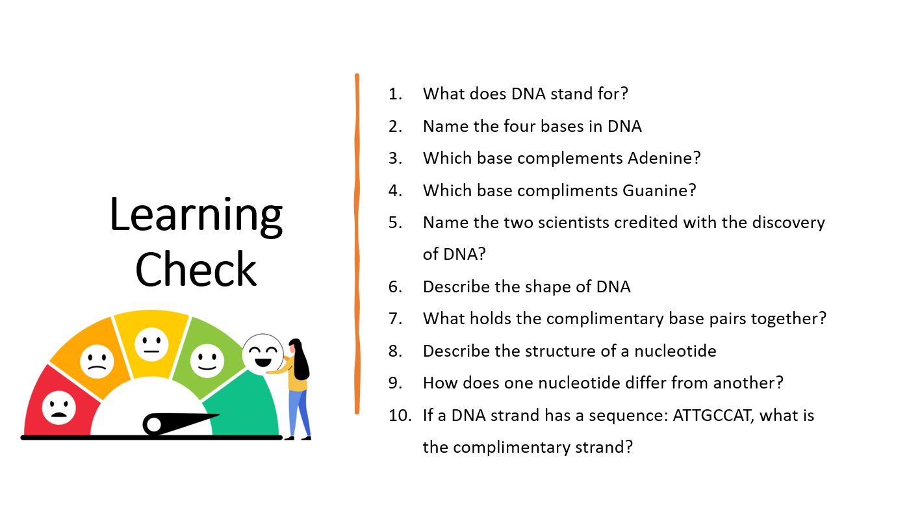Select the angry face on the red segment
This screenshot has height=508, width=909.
[x=59, y=407]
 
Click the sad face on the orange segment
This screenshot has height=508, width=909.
[x=97, y=361]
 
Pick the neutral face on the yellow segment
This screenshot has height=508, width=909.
[x=151, y=344]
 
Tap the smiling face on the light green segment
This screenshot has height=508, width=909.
[x=207, y=361]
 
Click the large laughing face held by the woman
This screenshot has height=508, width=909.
[x=262, y=355]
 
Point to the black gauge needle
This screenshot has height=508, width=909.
[x=181, y=424]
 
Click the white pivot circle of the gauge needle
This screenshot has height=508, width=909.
[x=154, y=424]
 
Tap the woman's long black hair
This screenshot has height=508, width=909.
[x=301, y=359]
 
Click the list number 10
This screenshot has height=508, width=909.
[x=400, y=416]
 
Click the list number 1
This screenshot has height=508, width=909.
[x=395, y=94]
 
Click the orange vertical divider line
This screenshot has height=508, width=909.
[x=357, y=244]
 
